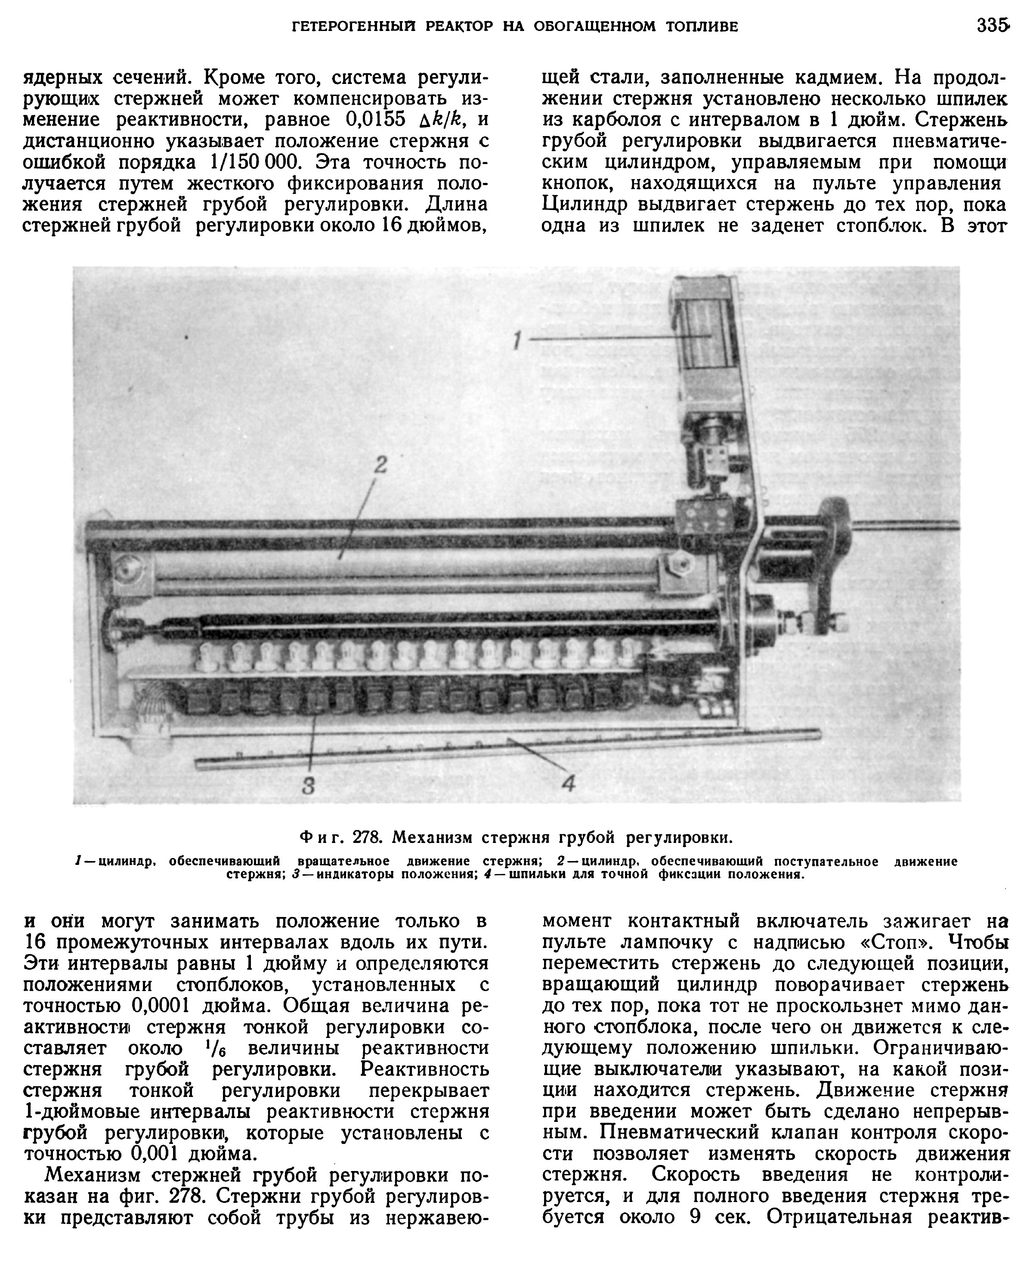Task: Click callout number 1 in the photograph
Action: tap(517, 341)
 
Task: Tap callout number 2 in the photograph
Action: tap(380, 464)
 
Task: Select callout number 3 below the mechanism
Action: tap(308, 786)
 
